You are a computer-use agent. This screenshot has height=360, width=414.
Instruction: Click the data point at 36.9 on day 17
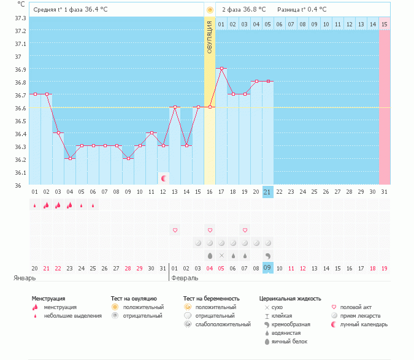(221, 68)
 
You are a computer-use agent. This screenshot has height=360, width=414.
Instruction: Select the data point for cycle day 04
(70, 158)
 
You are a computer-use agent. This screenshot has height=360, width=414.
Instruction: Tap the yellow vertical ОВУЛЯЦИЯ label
(210, 37)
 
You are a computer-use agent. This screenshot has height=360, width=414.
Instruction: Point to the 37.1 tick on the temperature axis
(21, 44)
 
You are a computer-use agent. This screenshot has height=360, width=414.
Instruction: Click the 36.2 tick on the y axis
(21, 159)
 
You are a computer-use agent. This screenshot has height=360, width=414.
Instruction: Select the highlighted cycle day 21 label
(268, 192)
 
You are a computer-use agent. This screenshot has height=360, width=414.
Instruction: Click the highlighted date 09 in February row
(268, 268)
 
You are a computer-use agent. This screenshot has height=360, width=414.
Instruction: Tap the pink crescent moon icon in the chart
(163, 178)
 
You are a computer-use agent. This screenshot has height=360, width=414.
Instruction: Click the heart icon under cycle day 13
(175, 230)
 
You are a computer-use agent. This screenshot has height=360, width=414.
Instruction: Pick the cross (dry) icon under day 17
(221, 256)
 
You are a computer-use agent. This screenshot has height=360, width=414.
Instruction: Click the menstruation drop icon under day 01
(34, 205)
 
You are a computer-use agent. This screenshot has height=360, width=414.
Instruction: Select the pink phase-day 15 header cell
(385, 25)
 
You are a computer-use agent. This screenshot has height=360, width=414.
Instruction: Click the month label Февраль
(185, 278)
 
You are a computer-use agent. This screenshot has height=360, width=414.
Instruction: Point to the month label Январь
(25, 278)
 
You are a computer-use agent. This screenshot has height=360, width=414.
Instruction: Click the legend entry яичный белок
(289, 342)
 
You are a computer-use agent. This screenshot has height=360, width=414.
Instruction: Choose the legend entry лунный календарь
(364, 324)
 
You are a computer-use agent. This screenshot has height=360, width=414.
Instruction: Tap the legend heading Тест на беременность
(211, 299)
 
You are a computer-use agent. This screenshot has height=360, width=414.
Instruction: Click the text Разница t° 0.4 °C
(302, 9)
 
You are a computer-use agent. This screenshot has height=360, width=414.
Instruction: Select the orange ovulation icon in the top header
(210, 10)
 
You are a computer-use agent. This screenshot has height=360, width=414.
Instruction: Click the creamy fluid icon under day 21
(268, 256)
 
